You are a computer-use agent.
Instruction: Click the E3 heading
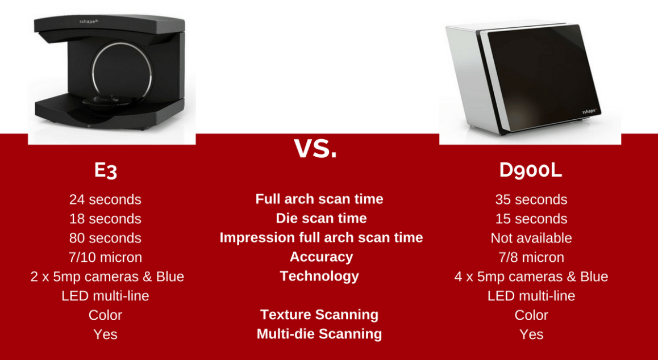[105, 170]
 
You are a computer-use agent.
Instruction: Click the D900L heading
[531, 170]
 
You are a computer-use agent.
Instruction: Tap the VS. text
[315, 148]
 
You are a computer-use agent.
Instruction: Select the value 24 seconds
[105, 199]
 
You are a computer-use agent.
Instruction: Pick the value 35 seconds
[531, 199]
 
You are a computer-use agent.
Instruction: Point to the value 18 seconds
[105, 219]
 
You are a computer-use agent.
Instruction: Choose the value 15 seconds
[531, 219]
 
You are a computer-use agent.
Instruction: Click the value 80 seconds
[105, 238]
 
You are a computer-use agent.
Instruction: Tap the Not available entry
[531, 238]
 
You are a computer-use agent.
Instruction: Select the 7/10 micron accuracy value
[105, 257]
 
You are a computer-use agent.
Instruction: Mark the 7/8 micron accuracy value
[531, 257]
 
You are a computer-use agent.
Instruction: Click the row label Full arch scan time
[319, 199]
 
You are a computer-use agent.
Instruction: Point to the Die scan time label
[321, 218]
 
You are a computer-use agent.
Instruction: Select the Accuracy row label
[321, 257]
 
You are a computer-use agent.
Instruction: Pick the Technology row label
[319, 276]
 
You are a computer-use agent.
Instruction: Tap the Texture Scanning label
[319, 315]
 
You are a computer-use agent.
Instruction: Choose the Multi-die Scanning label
[319, 334]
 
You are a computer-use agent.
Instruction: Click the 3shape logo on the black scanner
[88, 21]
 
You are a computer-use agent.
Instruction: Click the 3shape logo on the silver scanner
[590, 111]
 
